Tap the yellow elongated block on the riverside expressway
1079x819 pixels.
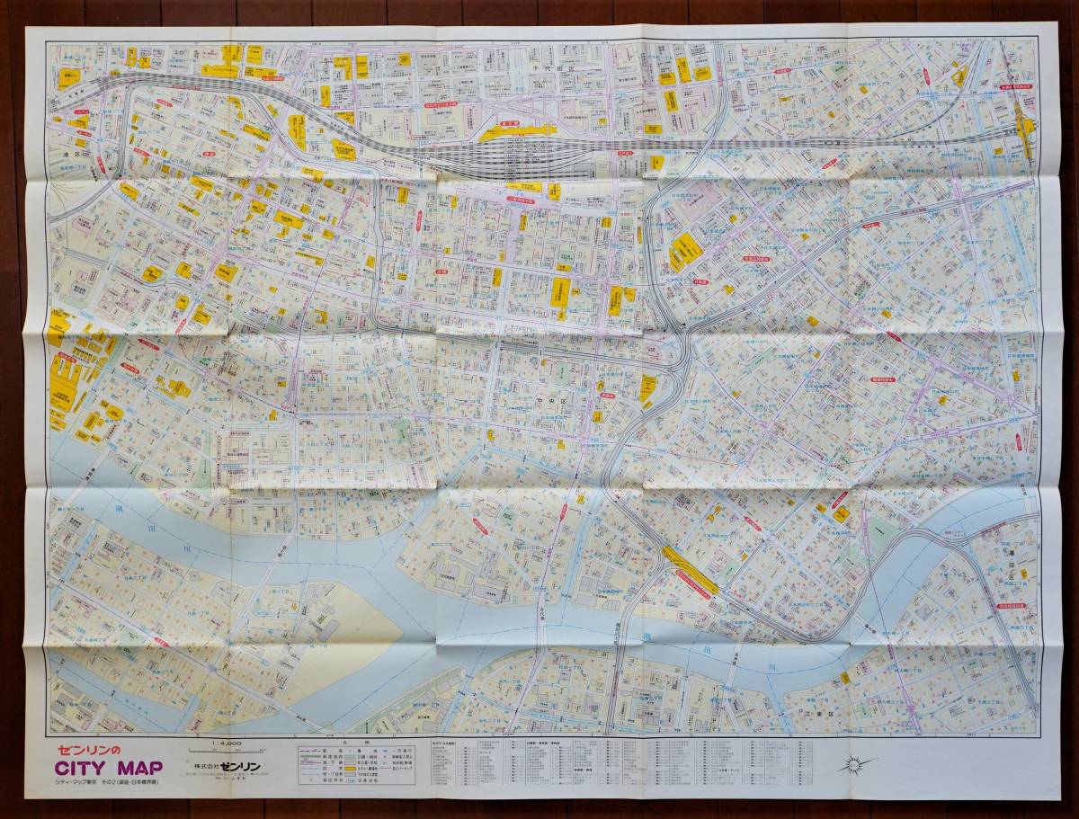point(690,570)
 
